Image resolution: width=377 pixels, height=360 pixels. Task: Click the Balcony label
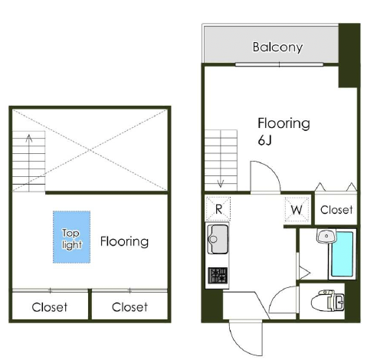pos(277,47)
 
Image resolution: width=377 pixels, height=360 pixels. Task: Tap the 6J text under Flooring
pos(264,140)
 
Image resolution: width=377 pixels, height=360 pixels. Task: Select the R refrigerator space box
pos(218,209)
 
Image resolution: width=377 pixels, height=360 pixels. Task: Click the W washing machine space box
pos(297,210)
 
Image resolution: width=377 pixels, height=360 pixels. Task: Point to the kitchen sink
pos(218,239)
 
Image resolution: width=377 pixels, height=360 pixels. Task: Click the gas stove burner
pos(218,276)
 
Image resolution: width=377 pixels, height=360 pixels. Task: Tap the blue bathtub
pos(342,254)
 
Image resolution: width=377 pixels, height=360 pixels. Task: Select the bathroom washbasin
pos(326,236)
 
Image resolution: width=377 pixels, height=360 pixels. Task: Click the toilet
pos(327,301)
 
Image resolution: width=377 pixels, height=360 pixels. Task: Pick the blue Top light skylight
pos(71,237)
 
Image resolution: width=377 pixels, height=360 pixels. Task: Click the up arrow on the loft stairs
pos(29,159)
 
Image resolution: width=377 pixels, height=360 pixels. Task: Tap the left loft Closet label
pos(50,307)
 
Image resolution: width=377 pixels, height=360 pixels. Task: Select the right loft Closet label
pos(129,307)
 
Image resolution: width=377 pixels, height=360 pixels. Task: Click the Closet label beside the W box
pos(336,210)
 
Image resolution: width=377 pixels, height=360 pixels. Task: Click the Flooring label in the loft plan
pos(124,241)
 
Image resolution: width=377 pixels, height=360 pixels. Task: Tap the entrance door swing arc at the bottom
pos(237,345)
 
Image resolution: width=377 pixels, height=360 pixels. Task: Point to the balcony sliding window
pos(279,64)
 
